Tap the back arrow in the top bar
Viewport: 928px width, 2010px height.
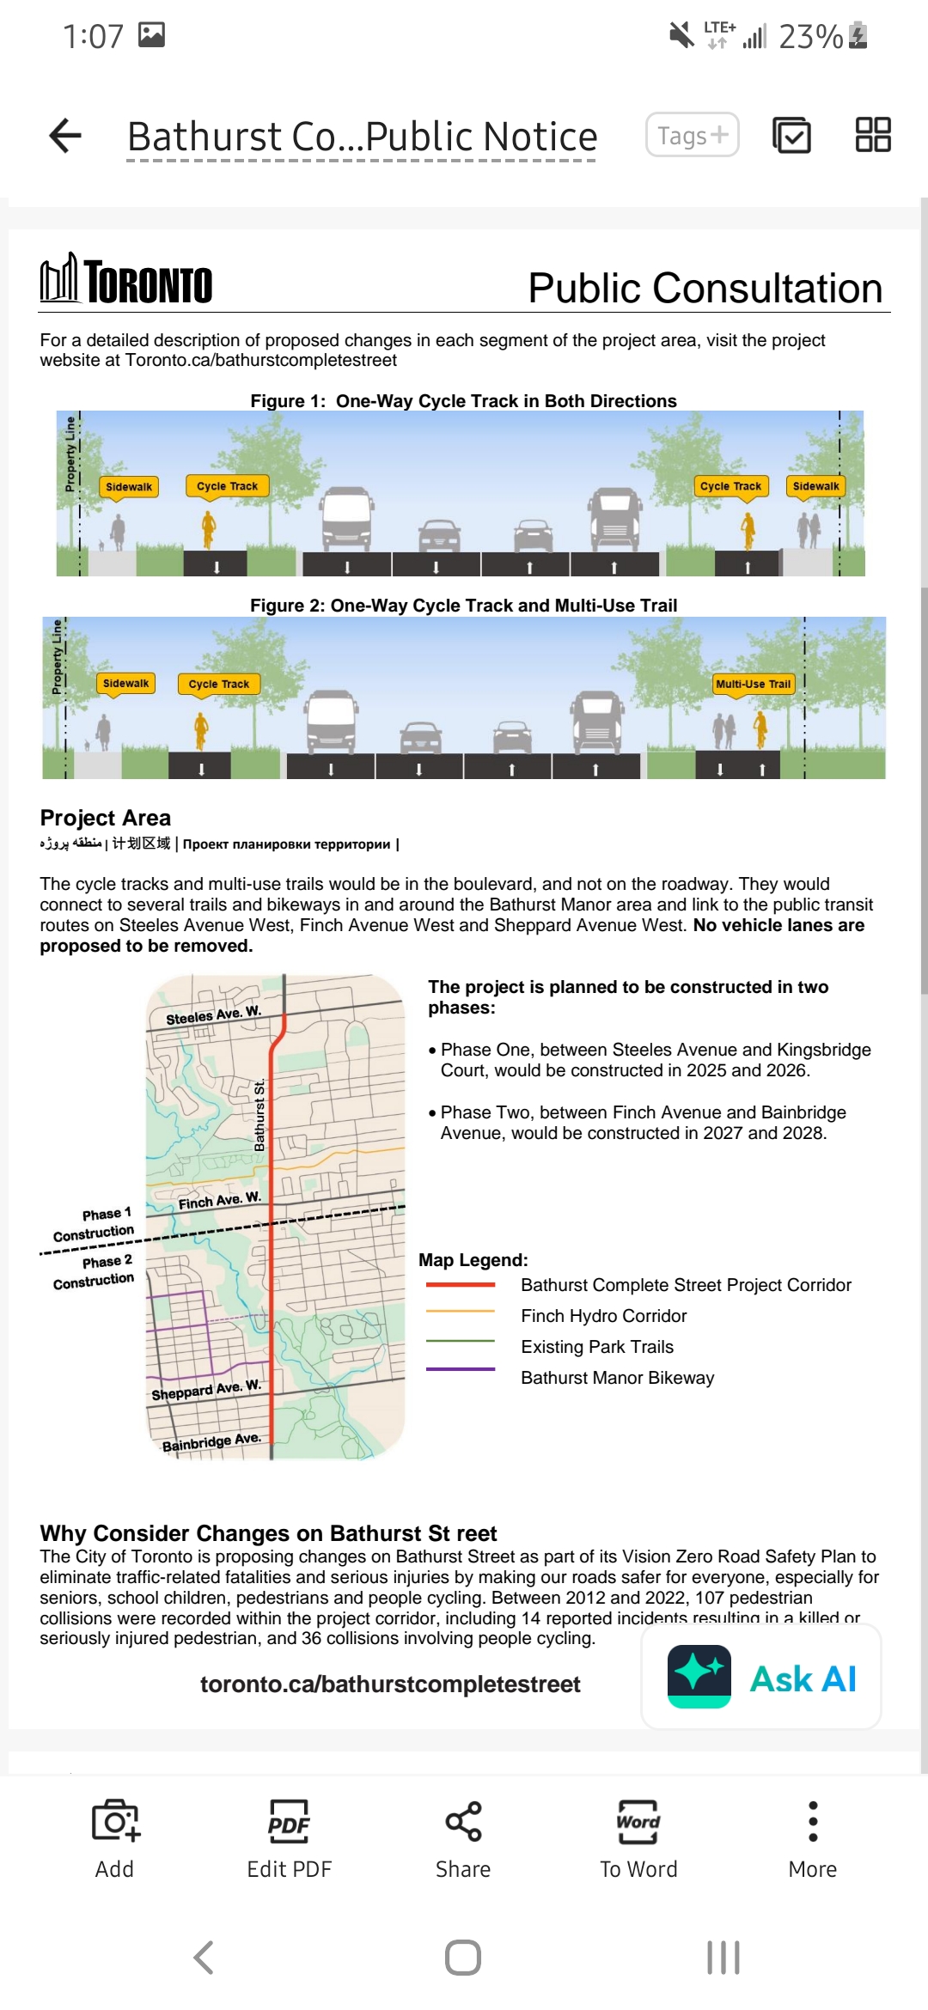tap(65, 136)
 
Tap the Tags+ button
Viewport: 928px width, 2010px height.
tap(693, 135)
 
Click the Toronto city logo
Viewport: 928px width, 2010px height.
tap(126, 280)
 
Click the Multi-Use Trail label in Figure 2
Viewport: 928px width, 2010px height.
tap(754, 684)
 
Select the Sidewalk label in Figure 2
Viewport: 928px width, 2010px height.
tap(125, 684)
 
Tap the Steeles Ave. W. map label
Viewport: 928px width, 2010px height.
tap(213, 1014)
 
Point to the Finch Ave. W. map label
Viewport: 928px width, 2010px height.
tap(219, 1200)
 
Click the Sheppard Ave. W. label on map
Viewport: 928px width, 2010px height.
tap(206, 1389)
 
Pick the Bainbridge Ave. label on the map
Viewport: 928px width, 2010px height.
tap(211, 1441)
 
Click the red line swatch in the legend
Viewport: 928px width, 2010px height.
tap(461, 1285)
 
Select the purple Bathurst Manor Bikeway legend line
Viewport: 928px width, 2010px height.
tap(461, 1369)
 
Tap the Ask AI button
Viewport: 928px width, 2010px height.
tap(761, 1677)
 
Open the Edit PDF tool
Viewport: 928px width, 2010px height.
tap(289, 1838)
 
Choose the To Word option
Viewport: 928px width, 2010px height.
tap(638, 1838)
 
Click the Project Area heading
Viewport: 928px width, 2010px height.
tap(106, 818)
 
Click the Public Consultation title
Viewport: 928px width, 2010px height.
tap(705, 288)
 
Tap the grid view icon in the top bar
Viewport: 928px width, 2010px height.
tap(873, 135)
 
